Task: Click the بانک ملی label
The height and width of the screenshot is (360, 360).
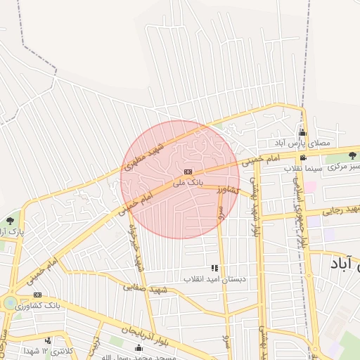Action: point(188,181)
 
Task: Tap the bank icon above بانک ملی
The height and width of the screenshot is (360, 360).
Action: point(188,172)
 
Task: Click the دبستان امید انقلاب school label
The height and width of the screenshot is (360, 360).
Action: point(214,278)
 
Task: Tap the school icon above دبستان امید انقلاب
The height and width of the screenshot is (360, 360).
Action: point(214,268)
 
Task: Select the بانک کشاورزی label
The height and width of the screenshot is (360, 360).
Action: point(44,306)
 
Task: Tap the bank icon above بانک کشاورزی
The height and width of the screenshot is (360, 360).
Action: point(37,295)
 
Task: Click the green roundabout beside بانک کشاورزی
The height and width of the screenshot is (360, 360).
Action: point(11,303)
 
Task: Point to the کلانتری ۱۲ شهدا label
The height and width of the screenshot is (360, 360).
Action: point(42,350)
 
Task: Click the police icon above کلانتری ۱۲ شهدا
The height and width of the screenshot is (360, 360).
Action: point(48,340)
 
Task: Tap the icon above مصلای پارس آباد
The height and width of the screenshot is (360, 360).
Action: point(302,132)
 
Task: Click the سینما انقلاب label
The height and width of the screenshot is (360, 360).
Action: point(303,168)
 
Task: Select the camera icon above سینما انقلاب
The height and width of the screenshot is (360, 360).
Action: point(302,157)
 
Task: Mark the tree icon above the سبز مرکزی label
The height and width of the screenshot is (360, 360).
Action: point(351,156)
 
